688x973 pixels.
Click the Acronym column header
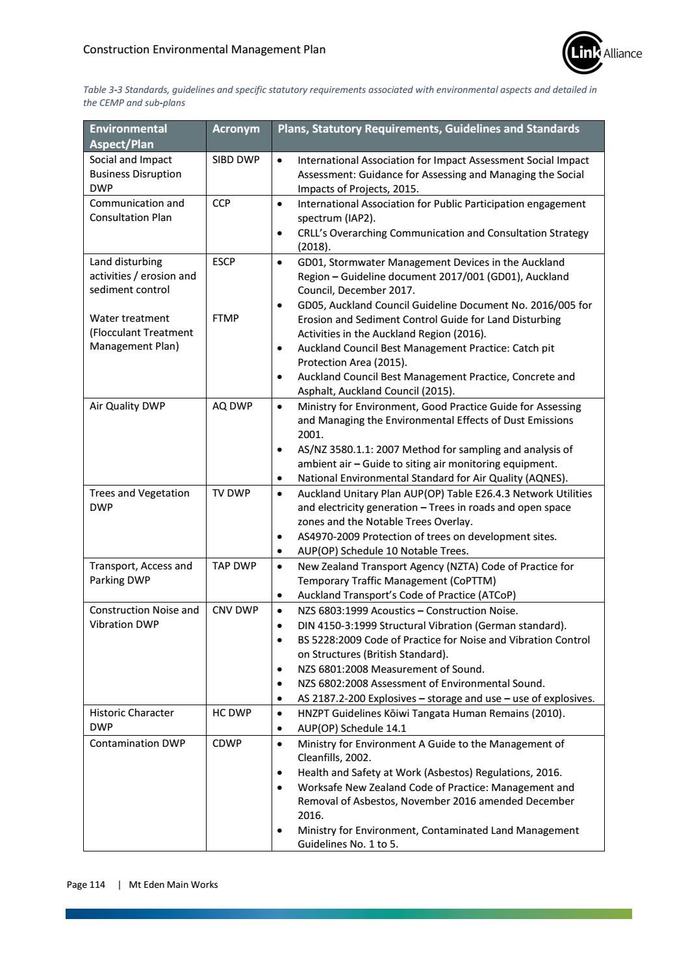pos(236,129)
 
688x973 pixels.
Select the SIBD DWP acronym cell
pos(236,160)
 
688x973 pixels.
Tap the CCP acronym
pos(222,203)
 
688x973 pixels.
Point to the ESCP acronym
pos(224,262)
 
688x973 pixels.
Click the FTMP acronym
pos(225,318)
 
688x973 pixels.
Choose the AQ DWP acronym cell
pos(233,406)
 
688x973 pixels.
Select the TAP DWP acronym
pos(235,566)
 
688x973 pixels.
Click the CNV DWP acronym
pos(235,610)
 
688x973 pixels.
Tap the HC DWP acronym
pos(232,713)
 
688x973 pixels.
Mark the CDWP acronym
pos(227,744)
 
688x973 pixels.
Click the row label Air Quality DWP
pos(127,406)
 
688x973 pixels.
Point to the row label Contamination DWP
pos(137,744)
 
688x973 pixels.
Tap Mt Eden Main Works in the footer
pos(173,885)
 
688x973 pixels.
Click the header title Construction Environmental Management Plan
pos(205,49)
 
